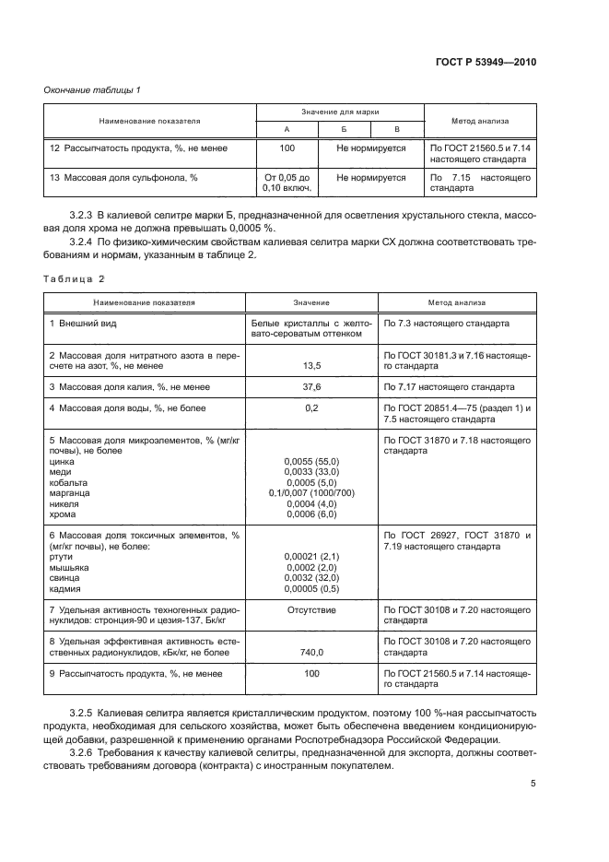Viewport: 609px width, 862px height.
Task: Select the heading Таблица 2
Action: (x=76, y=277)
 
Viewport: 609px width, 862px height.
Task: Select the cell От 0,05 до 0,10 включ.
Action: (x=287, y=182)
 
